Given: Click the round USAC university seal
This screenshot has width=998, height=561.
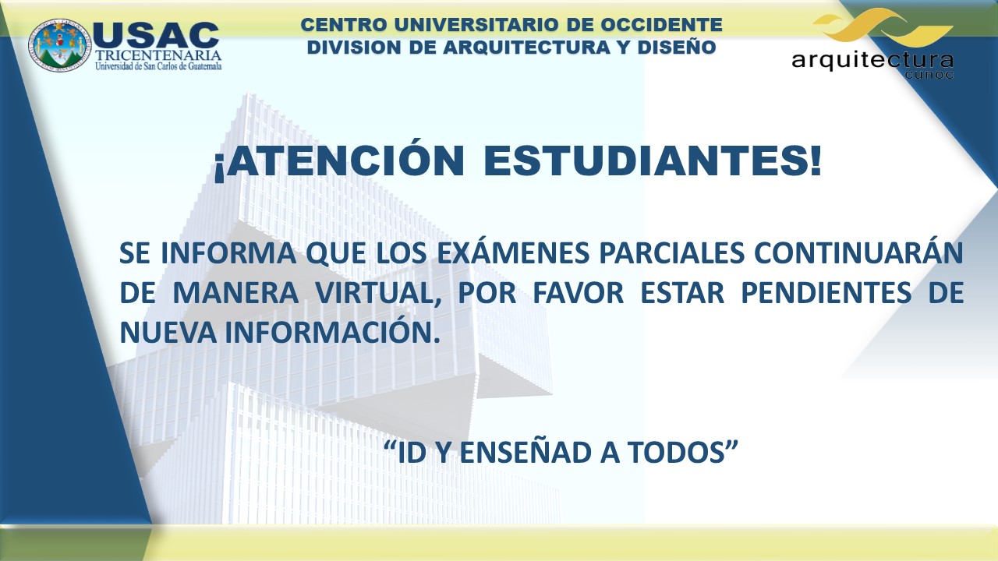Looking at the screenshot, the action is [60, 45].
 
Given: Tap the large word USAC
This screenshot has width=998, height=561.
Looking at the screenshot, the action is [156, 35].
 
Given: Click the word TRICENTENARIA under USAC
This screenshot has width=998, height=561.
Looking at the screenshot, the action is [158, 55].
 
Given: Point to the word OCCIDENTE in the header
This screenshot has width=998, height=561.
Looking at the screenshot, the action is [662, 24].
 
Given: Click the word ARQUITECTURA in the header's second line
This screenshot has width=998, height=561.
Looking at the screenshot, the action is [526, 48].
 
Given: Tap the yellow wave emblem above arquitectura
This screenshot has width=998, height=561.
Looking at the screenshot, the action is [883, 28].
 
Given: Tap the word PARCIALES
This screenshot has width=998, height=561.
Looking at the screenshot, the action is [672, 252].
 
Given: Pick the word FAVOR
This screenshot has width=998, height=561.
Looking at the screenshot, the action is [579, 292].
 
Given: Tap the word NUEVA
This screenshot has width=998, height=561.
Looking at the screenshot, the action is [168, 332].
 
